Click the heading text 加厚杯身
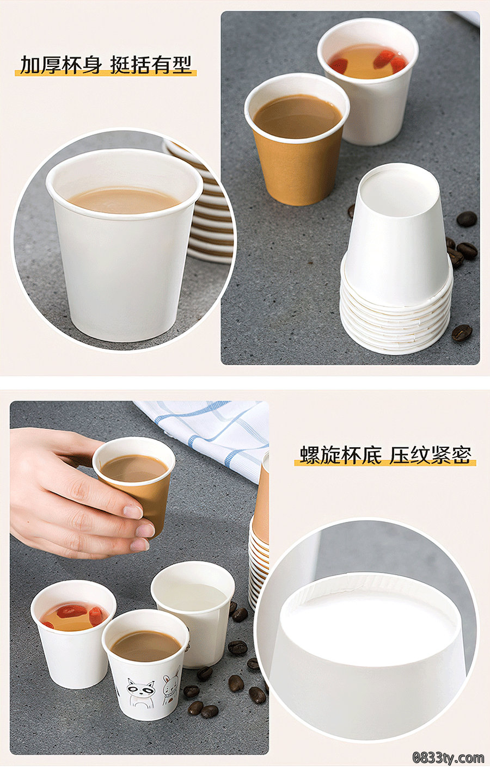61,65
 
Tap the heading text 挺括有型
151,65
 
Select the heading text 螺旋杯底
340,455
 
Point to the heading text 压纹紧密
430,455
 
